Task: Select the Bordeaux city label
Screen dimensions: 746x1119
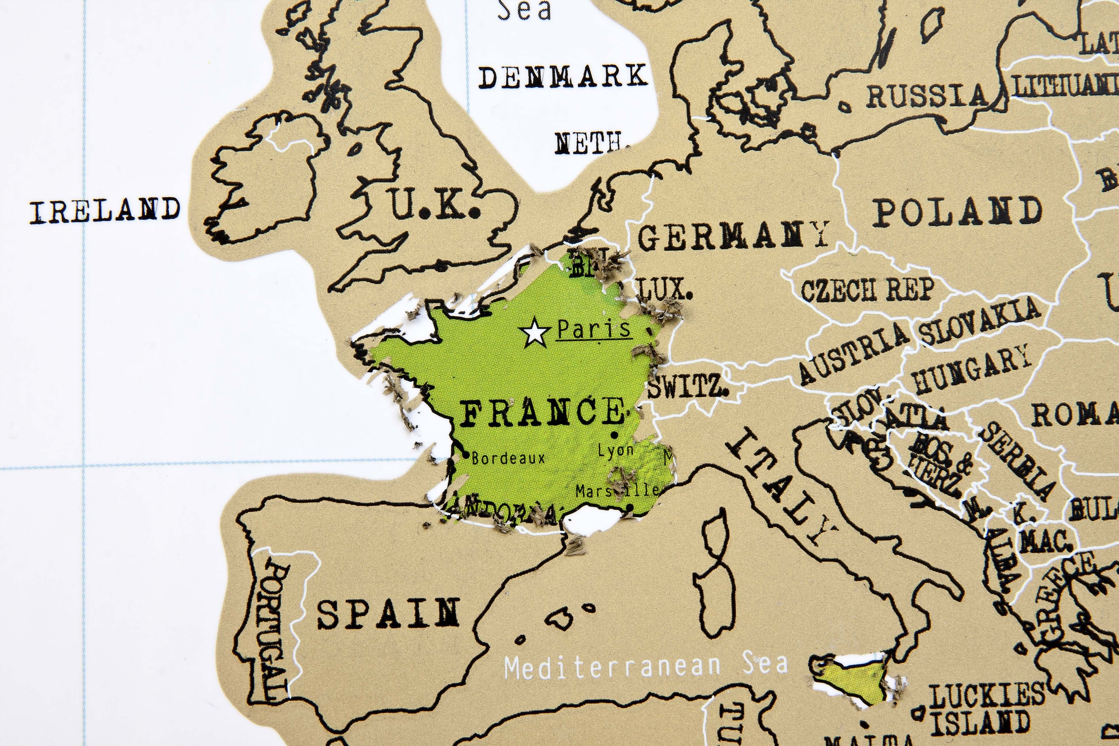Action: (x=508, y=458)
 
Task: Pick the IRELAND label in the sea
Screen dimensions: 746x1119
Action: (x=105, y=211)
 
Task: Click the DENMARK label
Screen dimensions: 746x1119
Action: (x=563, y=77)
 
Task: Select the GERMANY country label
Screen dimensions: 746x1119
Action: (x=733, y=237)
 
